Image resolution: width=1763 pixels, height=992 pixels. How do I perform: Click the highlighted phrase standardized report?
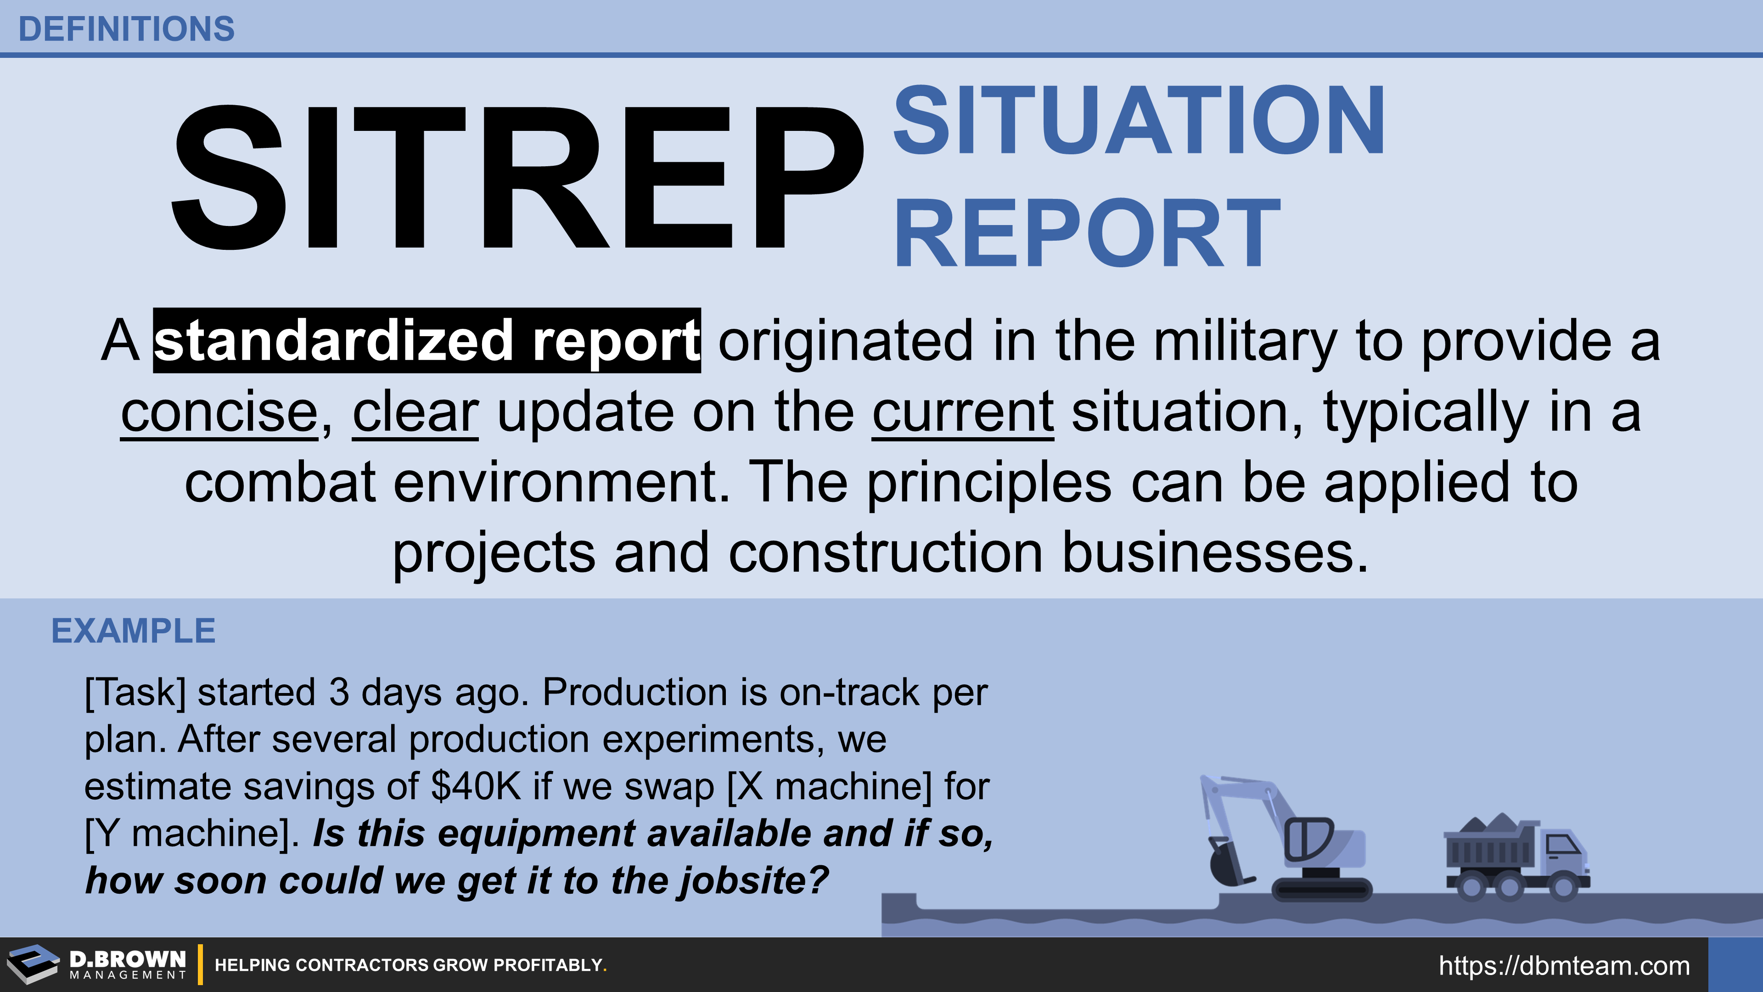point(427,341)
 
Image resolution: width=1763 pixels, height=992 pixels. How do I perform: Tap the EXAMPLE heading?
point(134,631)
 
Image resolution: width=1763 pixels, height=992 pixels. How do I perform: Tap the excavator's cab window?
point(1308,838)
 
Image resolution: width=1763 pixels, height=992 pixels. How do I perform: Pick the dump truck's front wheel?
point(1563,887)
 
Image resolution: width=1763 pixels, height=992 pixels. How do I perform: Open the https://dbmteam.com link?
point(1564,965)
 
